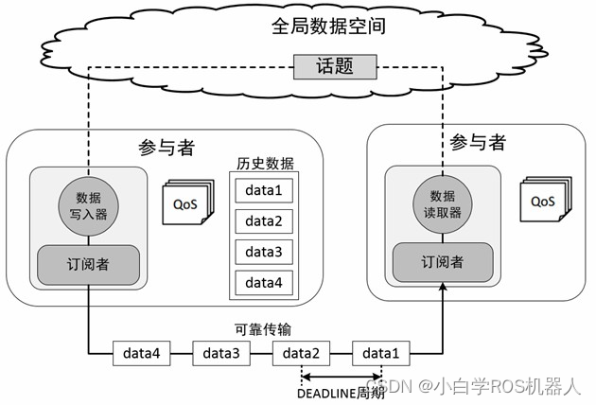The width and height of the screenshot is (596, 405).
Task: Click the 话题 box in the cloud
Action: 334,66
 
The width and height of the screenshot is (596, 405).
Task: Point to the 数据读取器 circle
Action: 442,204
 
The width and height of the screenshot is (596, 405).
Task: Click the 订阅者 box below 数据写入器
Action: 89,264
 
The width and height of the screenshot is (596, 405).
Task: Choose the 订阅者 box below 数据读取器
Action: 442,261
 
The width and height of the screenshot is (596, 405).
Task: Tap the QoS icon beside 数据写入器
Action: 186,202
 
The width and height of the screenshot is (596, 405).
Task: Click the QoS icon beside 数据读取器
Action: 544,201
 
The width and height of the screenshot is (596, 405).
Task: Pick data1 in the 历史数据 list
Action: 264,190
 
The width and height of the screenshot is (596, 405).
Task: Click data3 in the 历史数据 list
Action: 264,252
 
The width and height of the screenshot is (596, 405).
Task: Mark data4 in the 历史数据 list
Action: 264,282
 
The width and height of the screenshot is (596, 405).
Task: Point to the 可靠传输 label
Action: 263,329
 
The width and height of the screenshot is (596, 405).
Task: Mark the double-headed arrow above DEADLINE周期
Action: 342,377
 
